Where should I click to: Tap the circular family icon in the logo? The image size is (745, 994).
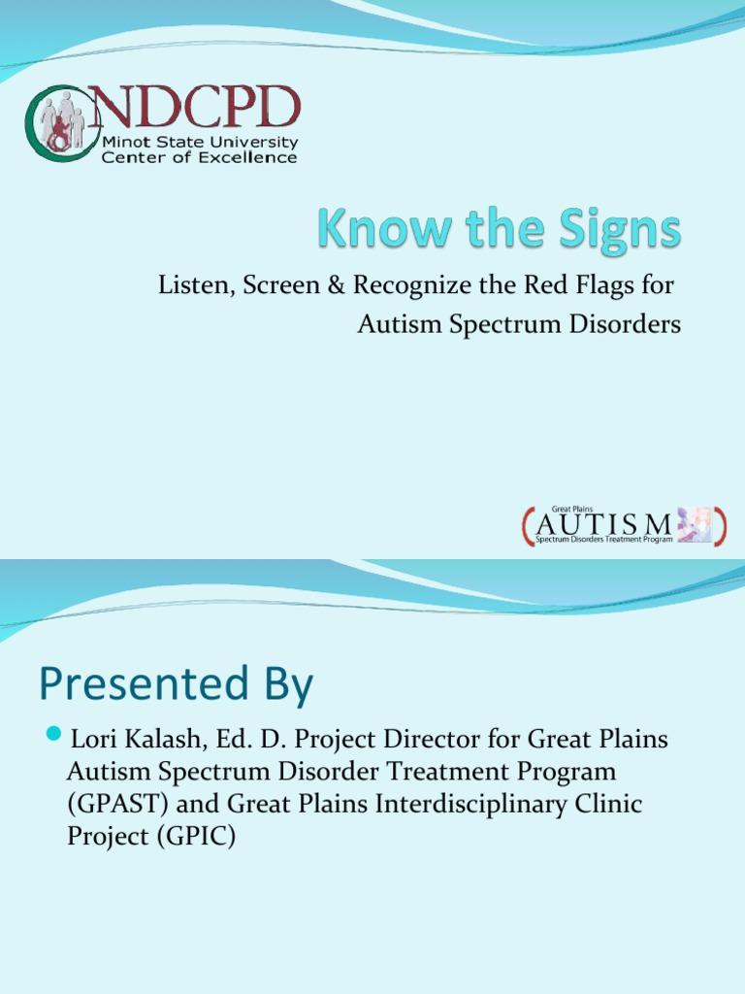60,123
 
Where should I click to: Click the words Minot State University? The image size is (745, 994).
200,142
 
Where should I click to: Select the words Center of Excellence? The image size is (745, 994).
200,157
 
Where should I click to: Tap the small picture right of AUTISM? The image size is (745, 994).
695,525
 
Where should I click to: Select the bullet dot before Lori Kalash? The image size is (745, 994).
54,732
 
